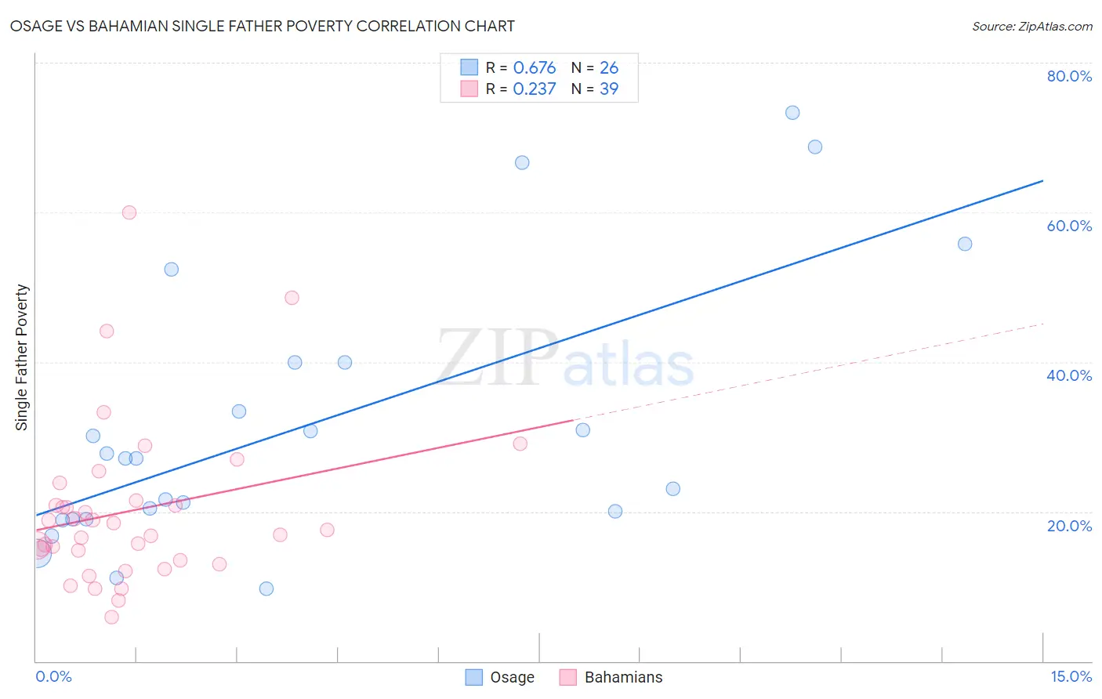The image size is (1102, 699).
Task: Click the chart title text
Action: click(263, 27)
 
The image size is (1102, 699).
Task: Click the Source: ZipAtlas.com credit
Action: click(1031, 27)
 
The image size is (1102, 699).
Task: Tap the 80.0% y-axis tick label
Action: click(1069, 76)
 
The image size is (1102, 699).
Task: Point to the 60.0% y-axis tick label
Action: click(1069, 226)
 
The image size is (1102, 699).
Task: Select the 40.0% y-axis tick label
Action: click(1069, 375)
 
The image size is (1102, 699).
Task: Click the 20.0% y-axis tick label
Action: click(1069, 526)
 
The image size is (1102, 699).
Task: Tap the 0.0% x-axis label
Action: click(53, 676)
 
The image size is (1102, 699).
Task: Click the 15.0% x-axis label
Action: click(1071, 676)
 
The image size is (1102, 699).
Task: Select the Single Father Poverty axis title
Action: click(22, 357)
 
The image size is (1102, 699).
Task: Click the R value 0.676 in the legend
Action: click(535, 68)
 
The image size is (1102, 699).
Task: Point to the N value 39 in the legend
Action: click(609, 89)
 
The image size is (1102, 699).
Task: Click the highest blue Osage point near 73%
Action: click(792, 113)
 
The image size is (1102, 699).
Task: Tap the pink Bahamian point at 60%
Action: click(129, 212)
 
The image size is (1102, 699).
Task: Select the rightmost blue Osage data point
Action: click(965, 244)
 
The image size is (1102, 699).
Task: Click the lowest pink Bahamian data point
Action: click(111, 618)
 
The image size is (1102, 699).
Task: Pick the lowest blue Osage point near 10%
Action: click(266, 589)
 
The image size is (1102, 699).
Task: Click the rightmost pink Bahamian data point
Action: click(520, 444)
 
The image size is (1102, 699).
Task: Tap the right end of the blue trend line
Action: click(1042, 181)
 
